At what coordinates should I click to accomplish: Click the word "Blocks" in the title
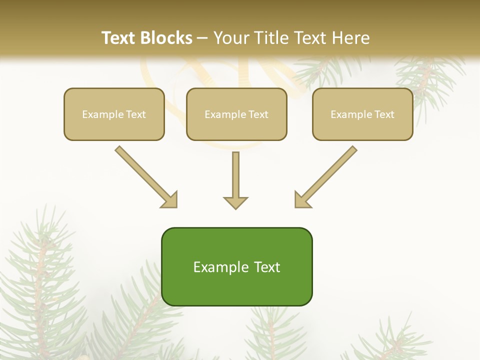click(x=167, y=38)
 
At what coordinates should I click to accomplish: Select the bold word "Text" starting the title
click(x=120, y=38)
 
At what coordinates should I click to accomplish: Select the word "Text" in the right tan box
click(x=384, y=114)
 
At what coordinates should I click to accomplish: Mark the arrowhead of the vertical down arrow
click(x=235, y=202)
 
